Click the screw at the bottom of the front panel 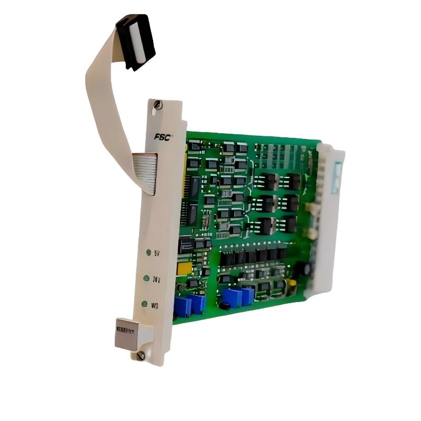141,356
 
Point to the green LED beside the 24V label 146,278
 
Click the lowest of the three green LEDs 143,304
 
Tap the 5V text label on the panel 157,255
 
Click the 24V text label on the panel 156,279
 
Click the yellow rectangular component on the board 185,268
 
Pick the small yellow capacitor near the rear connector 293,283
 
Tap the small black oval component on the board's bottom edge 225,306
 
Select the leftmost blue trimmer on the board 183,307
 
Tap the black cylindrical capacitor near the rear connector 302,268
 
